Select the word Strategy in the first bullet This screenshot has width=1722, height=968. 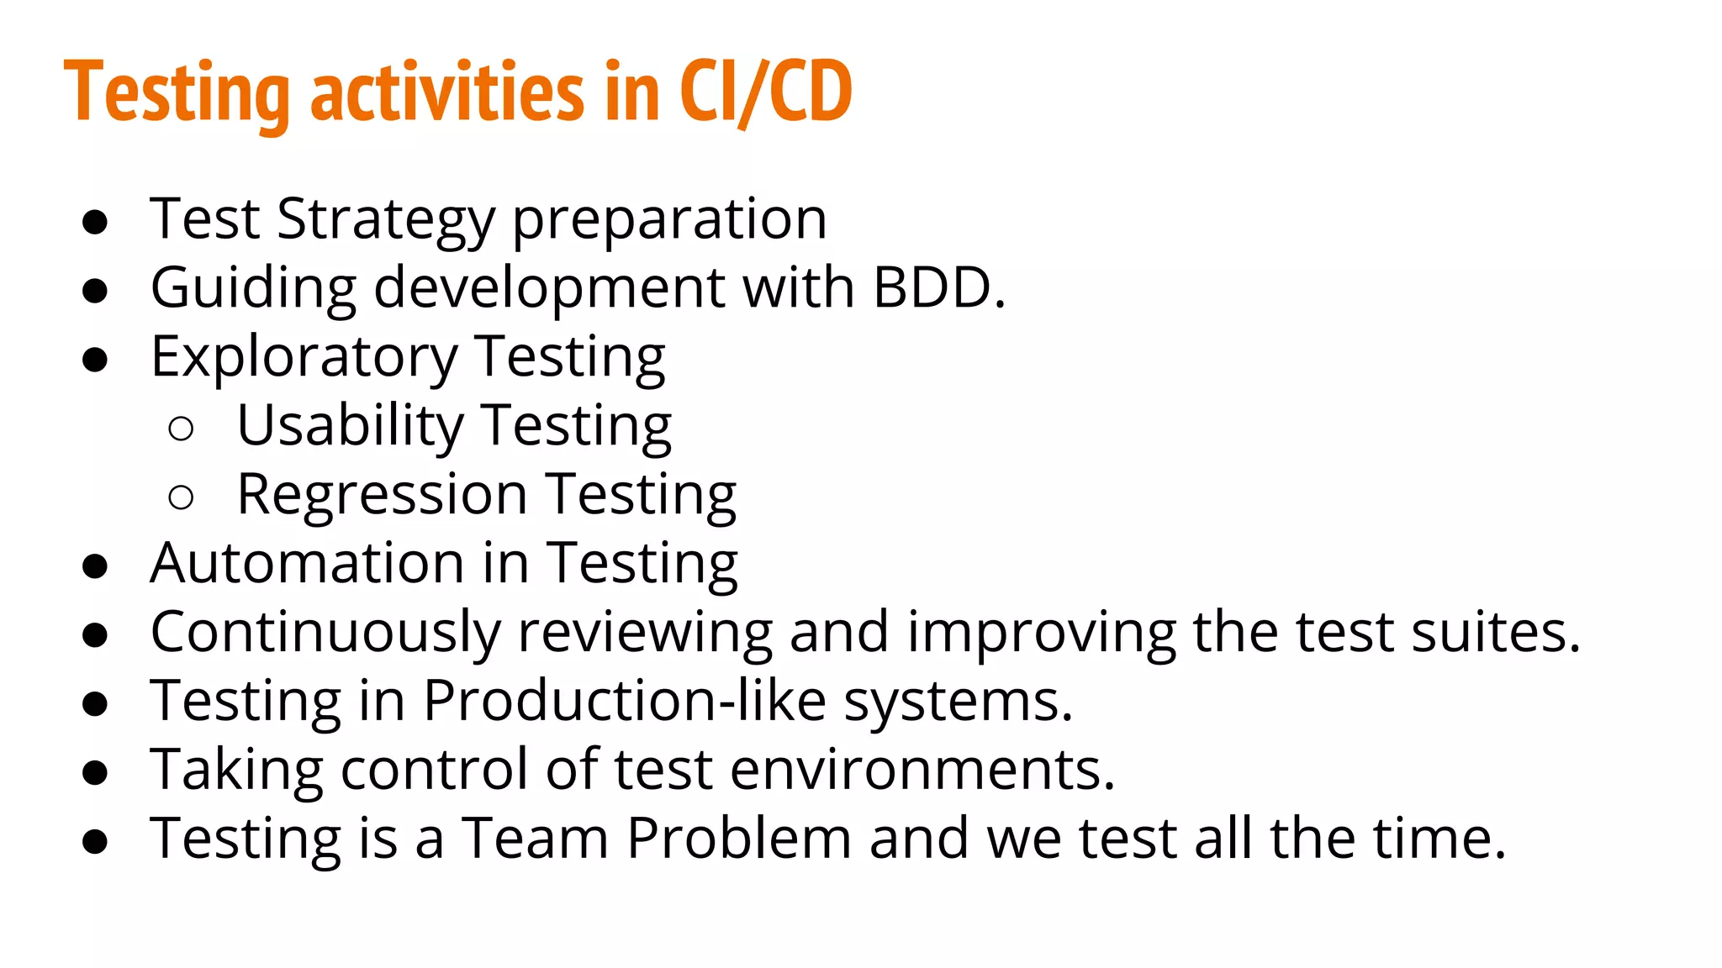pos(386,219)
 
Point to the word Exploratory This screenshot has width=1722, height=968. pos(304,357)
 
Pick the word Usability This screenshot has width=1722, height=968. pos(350,426)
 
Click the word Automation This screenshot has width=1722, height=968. pos(307,563)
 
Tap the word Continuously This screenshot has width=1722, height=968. pos(325,632)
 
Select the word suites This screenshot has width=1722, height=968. pos(1496,632)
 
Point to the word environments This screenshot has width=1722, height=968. pos(922,770)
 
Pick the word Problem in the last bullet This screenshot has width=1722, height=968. pos(739,839)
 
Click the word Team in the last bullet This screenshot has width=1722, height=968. pos(536,839)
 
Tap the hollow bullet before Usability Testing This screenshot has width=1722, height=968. pos(181,429)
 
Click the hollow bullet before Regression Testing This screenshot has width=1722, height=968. pos(181,497)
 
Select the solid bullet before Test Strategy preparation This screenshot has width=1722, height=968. pos(95,223)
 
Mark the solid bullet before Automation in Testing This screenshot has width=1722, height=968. pos(95,566)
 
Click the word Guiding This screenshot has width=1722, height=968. pos(253,288)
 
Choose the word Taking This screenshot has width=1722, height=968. pos(236,770)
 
